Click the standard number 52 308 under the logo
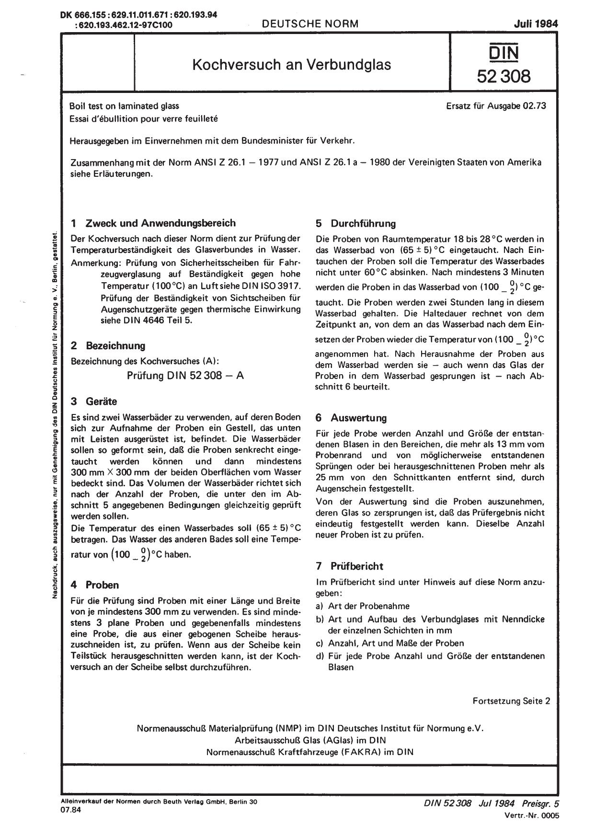pyautogui.click(x=503, y=76)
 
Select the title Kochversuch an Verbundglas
pyautogui.click(x=291, y=64)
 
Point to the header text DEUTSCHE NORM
pyautogui.click(x=310, y=23)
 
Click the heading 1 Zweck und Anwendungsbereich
pyautogui.click(x=153, y=223)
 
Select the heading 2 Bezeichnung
pyautogui.click(x=108, y=345)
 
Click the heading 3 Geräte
pyautogui.click(x=94, y=401)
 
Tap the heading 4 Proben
pyautogui.click(x=95, y=585)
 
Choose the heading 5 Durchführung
pyautogui.click(x=355, y=223)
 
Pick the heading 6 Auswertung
pyautogui.click(x=351, y=417)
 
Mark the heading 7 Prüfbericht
pyautogui.click(x=349, y=566)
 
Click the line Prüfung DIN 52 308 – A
pyautogui.click(x=185, y=375)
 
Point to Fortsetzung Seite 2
pyautogui.click(x=511, y=701)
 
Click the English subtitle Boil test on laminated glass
pyautogui.click(x=124, y=106)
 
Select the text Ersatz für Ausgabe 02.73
pyautogui.click(x=495, y=106)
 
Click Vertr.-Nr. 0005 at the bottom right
pyautogui.click(x=531, y=815)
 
